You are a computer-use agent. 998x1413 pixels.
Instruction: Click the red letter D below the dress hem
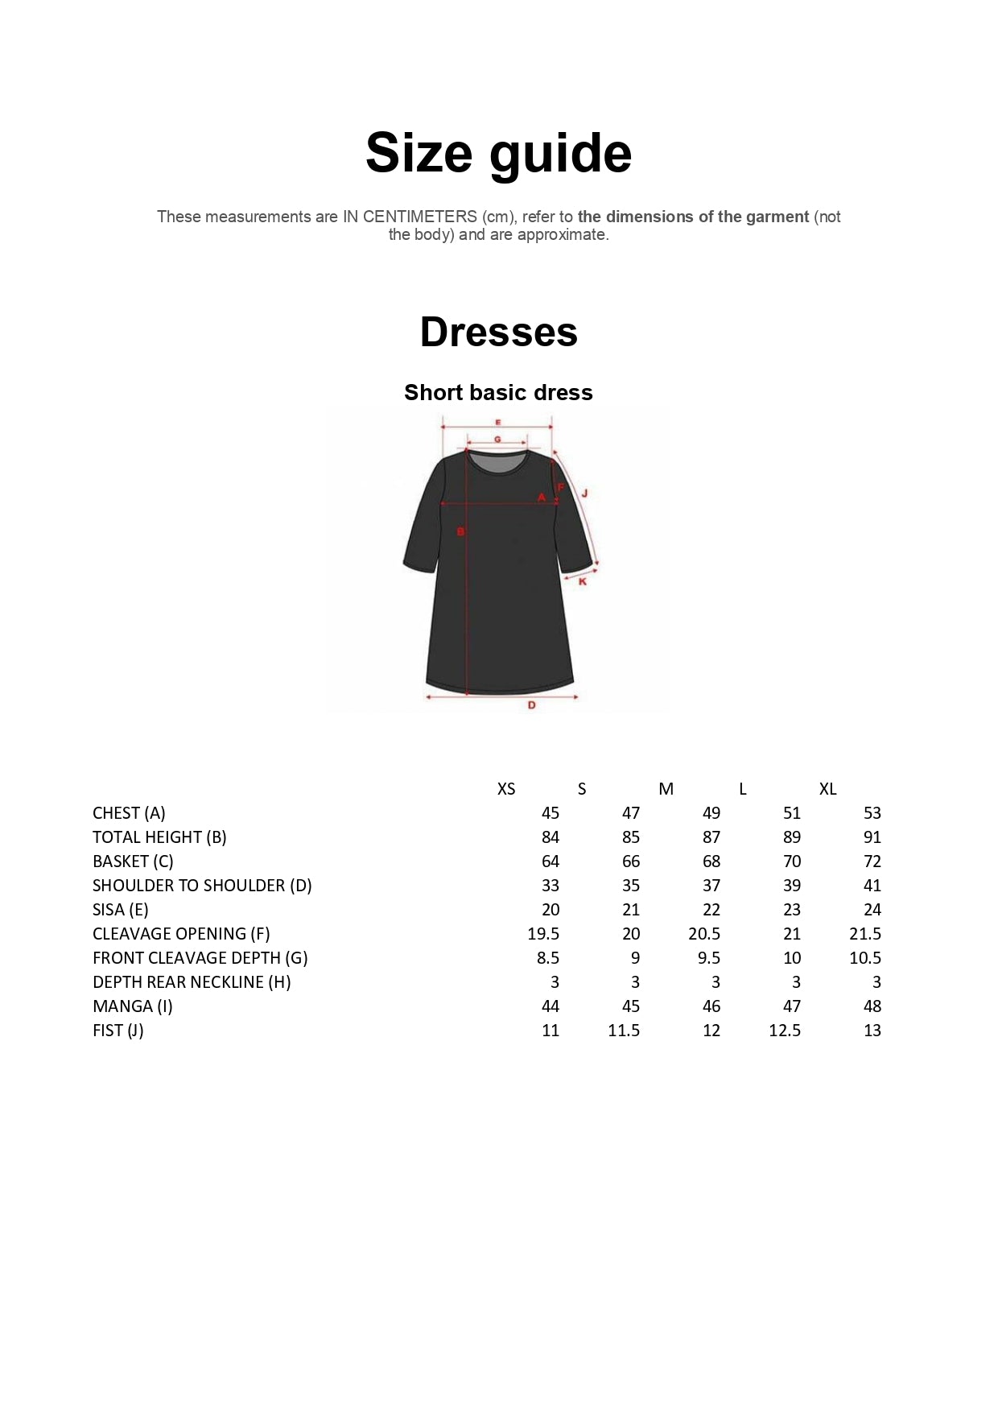(x=531, y=705)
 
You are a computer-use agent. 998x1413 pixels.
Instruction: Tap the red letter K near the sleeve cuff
(x=583, y=580)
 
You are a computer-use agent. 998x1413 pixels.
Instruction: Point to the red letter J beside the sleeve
(x=584, y=493)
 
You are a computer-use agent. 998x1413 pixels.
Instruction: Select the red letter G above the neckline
(x=497, y=439)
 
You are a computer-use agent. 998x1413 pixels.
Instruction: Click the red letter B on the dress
(x=460, y=531)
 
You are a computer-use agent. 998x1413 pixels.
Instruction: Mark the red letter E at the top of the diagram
(x=497, y=422)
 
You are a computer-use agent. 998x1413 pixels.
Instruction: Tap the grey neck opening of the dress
(x=498, y=462)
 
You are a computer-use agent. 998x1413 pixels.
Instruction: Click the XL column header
(x=827, y=789)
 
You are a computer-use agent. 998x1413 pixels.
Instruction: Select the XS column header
(x=506, y=789)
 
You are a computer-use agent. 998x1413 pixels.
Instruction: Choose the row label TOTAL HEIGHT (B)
(x=159, y=837)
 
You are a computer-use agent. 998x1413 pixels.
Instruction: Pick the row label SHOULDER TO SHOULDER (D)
(x=202, y=886)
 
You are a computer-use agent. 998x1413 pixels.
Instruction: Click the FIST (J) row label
(x=118, y=1031)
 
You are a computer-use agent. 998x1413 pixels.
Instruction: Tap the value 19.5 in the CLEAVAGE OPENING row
(x=543, y=934)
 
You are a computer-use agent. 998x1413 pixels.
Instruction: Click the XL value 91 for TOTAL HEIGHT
(x=872, y=837)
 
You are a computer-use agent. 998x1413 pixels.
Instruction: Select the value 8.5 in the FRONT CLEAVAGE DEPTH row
(x=548, y=958)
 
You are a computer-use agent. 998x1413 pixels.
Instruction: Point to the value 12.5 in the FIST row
(x=785, y=1031)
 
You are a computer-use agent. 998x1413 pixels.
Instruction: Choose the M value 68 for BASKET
(x=711, y=861)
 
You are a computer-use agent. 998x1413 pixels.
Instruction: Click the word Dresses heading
(x=498, y=332)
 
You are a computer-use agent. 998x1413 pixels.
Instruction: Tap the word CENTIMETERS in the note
(x=419, y=217)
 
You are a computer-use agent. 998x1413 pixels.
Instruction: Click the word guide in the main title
(x=560, y=153)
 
